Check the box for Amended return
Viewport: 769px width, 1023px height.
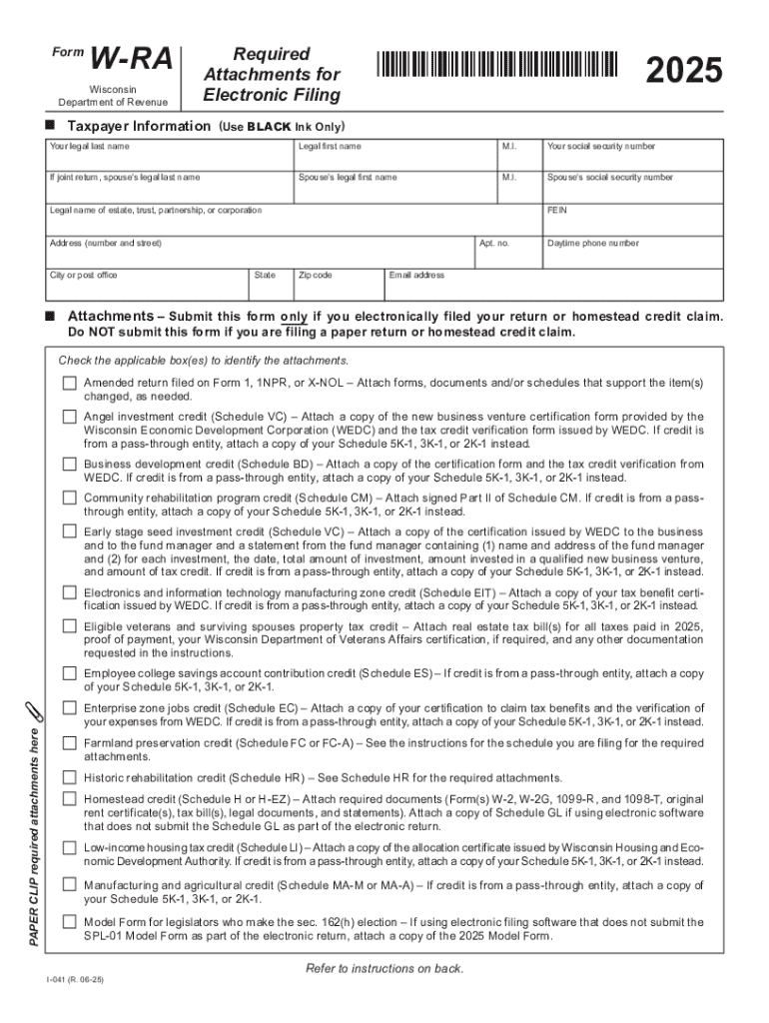[69, 384]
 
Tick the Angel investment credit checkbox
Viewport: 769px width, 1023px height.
[69, 417]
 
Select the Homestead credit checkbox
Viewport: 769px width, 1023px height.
[69, 799]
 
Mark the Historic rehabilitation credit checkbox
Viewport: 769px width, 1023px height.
[69, 776]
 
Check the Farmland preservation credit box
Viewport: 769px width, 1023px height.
[69, 743]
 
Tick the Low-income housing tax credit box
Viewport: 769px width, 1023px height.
[69, 848]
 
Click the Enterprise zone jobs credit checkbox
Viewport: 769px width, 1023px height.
[69, 708]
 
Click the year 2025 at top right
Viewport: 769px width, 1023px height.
[683, 71]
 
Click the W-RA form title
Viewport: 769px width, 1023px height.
[132, 61]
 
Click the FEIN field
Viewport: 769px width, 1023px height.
[632, 221]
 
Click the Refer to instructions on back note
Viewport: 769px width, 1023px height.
[384, 968]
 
